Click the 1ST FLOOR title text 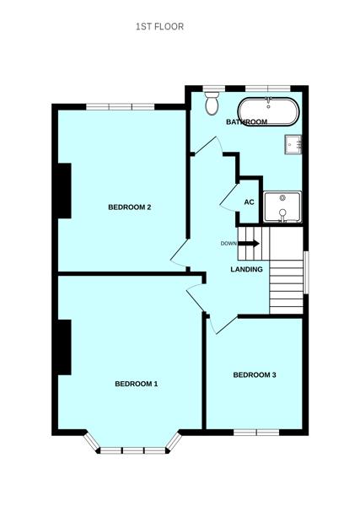click(159, 27)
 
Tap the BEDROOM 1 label click(137, 384)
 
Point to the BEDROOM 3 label click(255, 374)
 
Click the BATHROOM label click(246, 122)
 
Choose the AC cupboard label click(249, 202)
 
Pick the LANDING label click(247, 269)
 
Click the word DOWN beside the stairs click(228, 244)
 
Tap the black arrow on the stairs click(250, 244)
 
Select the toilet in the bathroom click(211, 104)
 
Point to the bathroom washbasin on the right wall click(293, 143)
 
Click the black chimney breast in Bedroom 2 click(63, 191)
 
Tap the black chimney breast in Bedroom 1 click(63, 347)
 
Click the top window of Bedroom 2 click(120, 106)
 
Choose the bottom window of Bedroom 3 click(256, 433)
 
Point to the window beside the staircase click(305, 272)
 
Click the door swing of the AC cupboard click(228, 199)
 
